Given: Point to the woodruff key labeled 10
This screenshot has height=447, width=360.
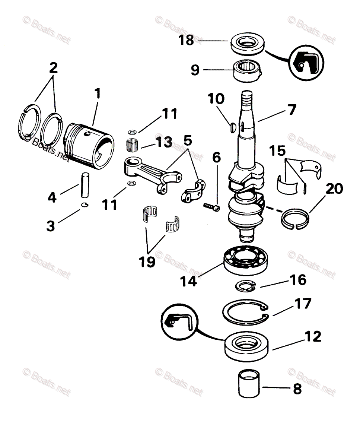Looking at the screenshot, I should click(x=230, y=127).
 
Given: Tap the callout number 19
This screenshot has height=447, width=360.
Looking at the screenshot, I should click(x=147, y=261).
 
